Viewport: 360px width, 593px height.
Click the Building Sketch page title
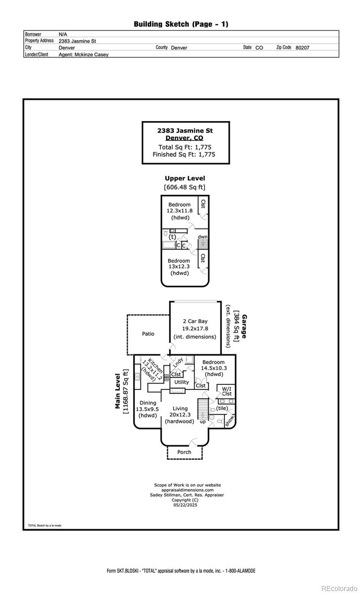[x=181, y=24]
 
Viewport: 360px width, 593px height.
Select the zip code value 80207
[x=302, y=48]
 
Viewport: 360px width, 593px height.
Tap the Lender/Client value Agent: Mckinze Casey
[x=84, y=55]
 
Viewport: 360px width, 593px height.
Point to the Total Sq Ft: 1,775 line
[x=185, y=147]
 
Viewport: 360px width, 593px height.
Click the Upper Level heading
[x=185, y=178]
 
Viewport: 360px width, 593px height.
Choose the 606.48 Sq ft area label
[x=184, y=187]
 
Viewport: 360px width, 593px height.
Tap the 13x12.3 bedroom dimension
[x=179, y=267]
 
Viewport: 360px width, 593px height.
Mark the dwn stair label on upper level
[x=203, y=237]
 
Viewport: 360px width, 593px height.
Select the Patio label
[x=148, y=334]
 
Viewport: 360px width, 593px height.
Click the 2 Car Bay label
[x=194, y=321]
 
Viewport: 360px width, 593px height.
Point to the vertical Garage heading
[x=244, y=326]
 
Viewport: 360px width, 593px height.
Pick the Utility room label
[x=181, y=382]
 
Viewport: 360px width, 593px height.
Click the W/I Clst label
[x=227, y=391]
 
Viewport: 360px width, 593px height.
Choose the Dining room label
[x=148, y=403]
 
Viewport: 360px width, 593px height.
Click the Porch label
[x=184, y=452]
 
